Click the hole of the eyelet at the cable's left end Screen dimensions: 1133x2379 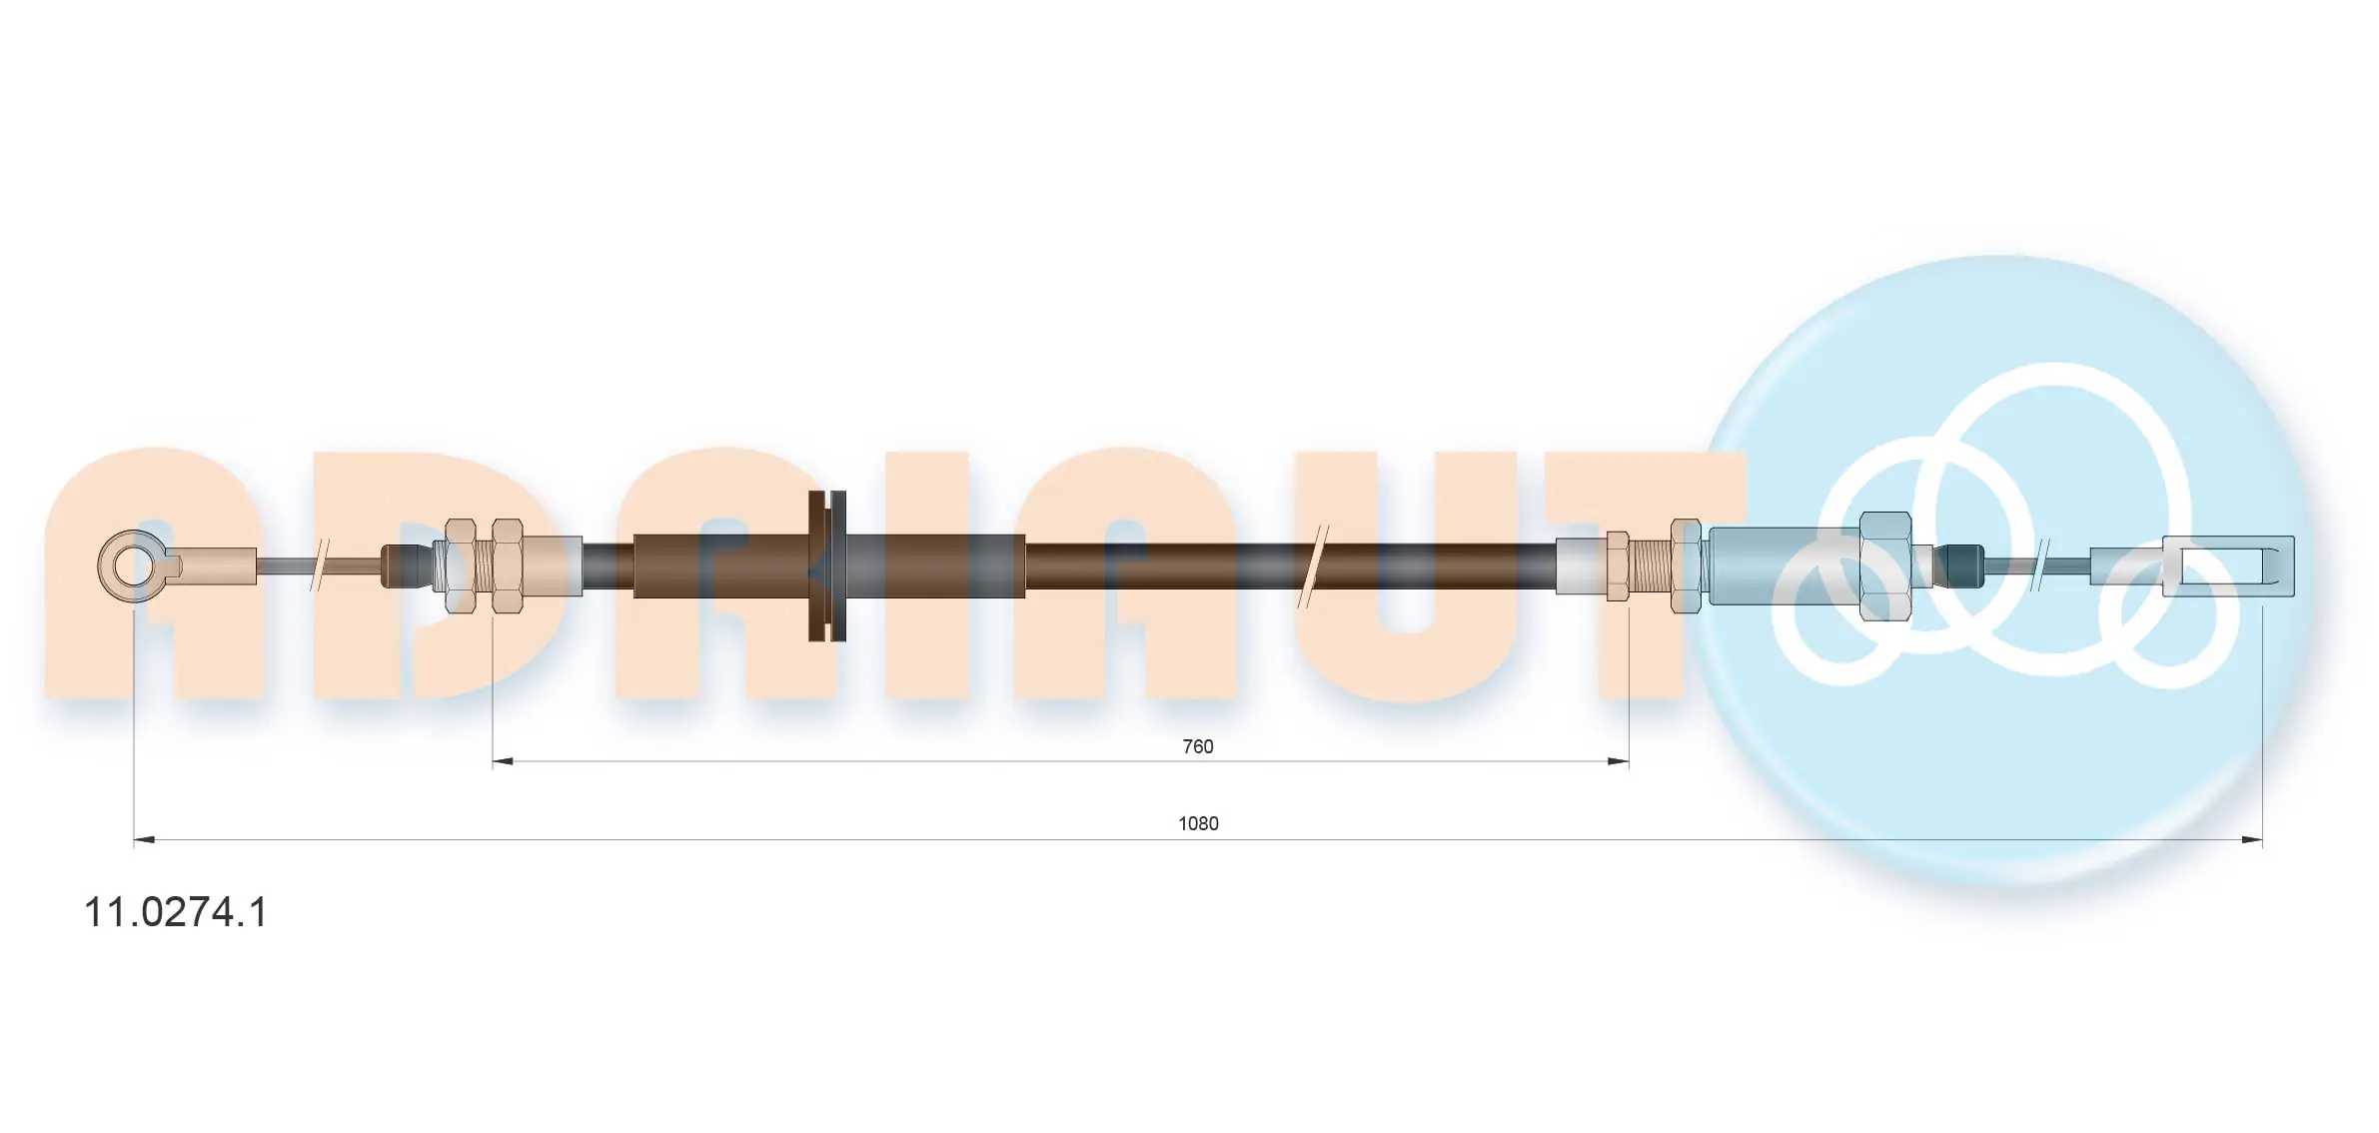click(132, 566)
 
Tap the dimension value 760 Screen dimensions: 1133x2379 click(1197, 746)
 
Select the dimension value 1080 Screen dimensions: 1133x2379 click(1198, 823)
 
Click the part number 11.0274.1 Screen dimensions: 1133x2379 click(176, 912)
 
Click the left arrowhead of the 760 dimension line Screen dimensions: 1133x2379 click(502, 761)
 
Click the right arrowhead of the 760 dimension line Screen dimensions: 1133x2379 click(1619, 761)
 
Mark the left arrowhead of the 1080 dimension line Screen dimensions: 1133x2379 click(144, 840)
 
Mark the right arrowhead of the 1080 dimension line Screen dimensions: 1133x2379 click(2252, 840)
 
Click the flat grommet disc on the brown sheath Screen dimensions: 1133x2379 click(827, 566)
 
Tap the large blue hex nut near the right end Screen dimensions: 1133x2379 click(1885, 566)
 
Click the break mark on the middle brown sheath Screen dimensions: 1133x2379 click(1311, 566)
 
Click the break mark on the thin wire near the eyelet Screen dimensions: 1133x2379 click(321, 566)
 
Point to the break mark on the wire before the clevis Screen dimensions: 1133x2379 click(2041, 566)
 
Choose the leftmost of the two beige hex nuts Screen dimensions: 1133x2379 click(460, 566)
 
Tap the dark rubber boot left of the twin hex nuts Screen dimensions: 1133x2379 click(405, 566)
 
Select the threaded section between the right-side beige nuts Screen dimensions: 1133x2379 click(1651, 566)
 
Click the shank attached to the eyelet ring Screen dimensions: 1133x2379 click(215, 566)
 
